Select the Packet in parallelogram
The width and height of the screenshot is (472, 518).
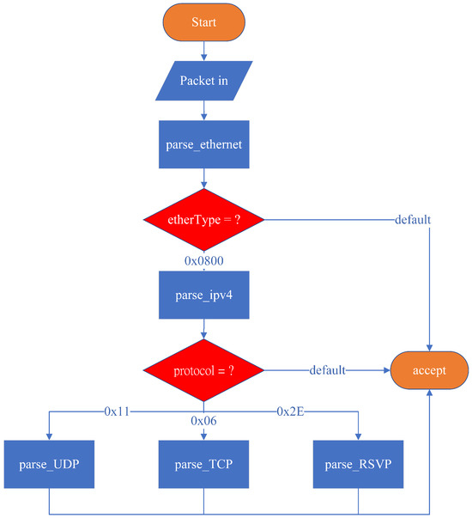203,81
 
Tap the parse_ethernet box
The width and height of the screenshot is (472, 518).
203,143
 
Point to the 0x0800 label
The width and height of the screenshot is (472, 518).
204,259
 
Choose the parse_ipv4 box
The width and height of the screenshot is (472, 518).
203,295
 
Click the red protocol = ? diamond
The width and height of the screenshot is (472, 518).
203,371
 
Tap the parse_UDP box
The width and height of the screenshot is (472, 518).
49,465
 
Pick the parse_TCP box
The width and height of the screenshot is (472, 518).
203,465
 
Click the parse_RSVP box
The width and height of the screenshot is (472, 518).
358,465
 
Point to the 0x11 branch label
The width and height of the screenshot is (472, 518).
117,411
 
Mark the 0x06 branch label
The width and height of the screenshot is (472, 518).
204,420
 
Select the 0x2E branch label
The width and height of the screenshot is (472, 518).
291,411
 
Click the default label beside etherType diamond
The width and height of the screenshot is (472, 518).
412,219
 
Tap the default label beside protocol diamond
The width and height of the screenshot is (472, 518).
328,371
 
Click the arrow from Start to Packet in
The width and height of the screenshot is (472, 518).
203,51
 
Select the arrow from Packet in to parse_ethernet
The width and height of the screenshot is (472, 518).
203,111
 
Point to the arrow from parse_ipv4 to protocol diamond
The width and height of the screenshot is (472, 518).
203,331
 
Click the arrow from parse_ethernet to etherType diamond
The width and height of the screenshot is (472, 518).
203,178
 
